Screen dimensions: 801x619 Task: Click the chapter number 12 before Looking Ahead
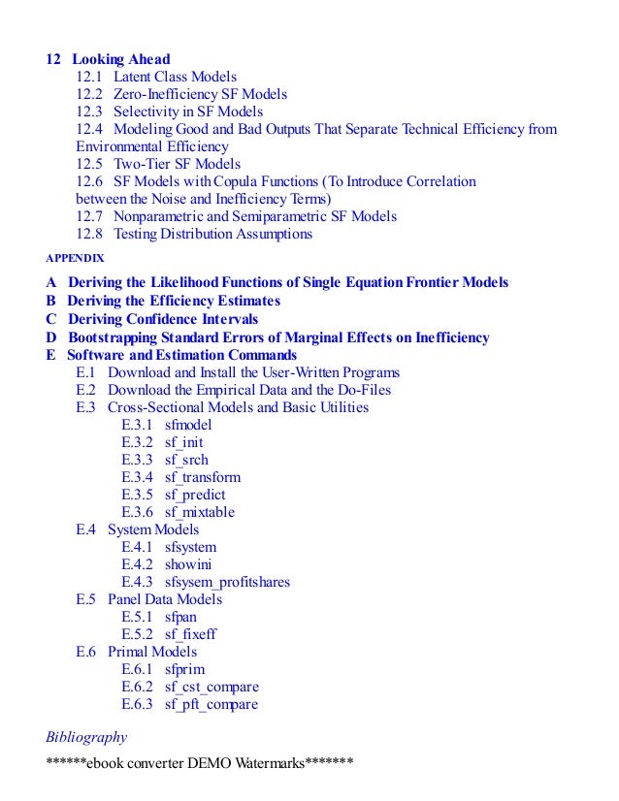pos(54,58)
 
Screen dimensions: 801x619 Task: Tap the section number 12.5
pos(88,164)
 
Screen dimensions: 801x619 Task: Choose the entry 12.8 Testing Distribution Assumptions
pos(194,234)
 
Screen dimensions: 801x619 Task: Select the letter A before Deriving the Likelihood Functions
pos(51,282)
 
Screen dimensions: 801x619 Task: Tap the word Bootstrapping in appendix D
pos(114,337)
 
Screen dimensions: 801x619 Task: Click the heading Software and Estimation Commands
pos(181,355)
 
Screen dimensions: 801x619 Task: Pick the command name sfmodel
pos(188,425)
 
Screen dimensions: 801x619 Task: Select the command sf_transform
pos(203,477)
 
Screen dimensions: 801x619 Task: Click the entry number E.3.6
pos(139,512)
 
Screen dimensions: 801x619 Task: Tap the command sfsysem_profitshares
pos(227,582)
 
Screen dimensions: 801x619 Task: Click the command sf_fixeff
pos(190,634)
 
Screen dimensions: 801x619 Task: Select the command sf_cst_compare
pos(212,687)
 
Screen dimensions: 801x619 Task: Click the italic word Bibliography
pos(86,737)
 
